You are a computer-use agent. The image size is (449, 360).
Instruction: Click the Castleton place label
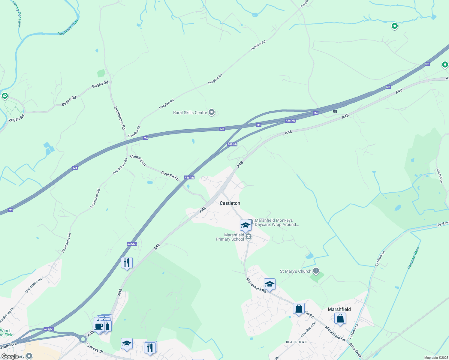pyautogui.click(x=230, y=203)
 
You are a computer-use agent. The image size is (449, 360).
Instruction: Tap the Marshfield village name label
pyautogui.click(x=339, y=309)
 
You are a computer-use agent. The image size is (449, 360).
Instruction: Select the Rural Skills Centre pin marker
pyautogui.click(x=212, y=112)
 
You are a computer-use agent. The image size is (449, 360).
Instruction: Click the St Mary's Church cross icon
pyautogui.click(x=316, y=271)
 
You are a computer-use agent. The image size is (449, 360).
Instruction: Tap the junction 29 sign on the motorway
pyautogui.click(x=335, y=112)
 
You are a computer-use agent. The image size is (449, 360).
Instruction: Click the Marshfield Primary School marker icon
pyautogui.click(x=248, y=237)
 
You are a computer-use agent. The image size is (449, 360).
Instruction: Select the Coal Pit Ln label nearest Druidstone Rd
pyautogui.click(x=138, y=160)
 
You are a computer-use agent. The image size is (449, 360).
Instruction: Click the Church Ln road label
pyautogui.click(x=439, y=175)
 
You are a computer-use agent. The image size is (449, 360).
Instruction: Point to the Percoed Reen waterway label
pyautogui.click(x=413, y=258)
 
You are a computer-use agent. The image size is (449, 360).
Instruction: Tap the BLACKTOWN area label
pyautogui.click(x=296, y=342)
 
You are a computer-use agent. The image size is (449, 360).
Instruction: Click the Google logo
pyautogui.click(x=10, y=356)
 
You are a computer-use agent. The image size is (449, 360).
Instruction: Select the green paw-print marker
pyautogui.click(x=5, y=96)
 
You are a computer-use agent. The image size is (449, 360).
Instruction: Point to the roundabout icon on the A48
pyautogui.click(x=83, y=339)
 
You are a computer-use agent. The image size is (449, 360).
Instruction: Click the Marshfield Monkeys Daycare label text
pyautogui.click(x=276, y=222)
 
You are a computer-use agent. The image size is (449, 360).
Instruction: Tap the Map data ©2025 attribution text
pyautogui.click(x=436, y=358)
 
